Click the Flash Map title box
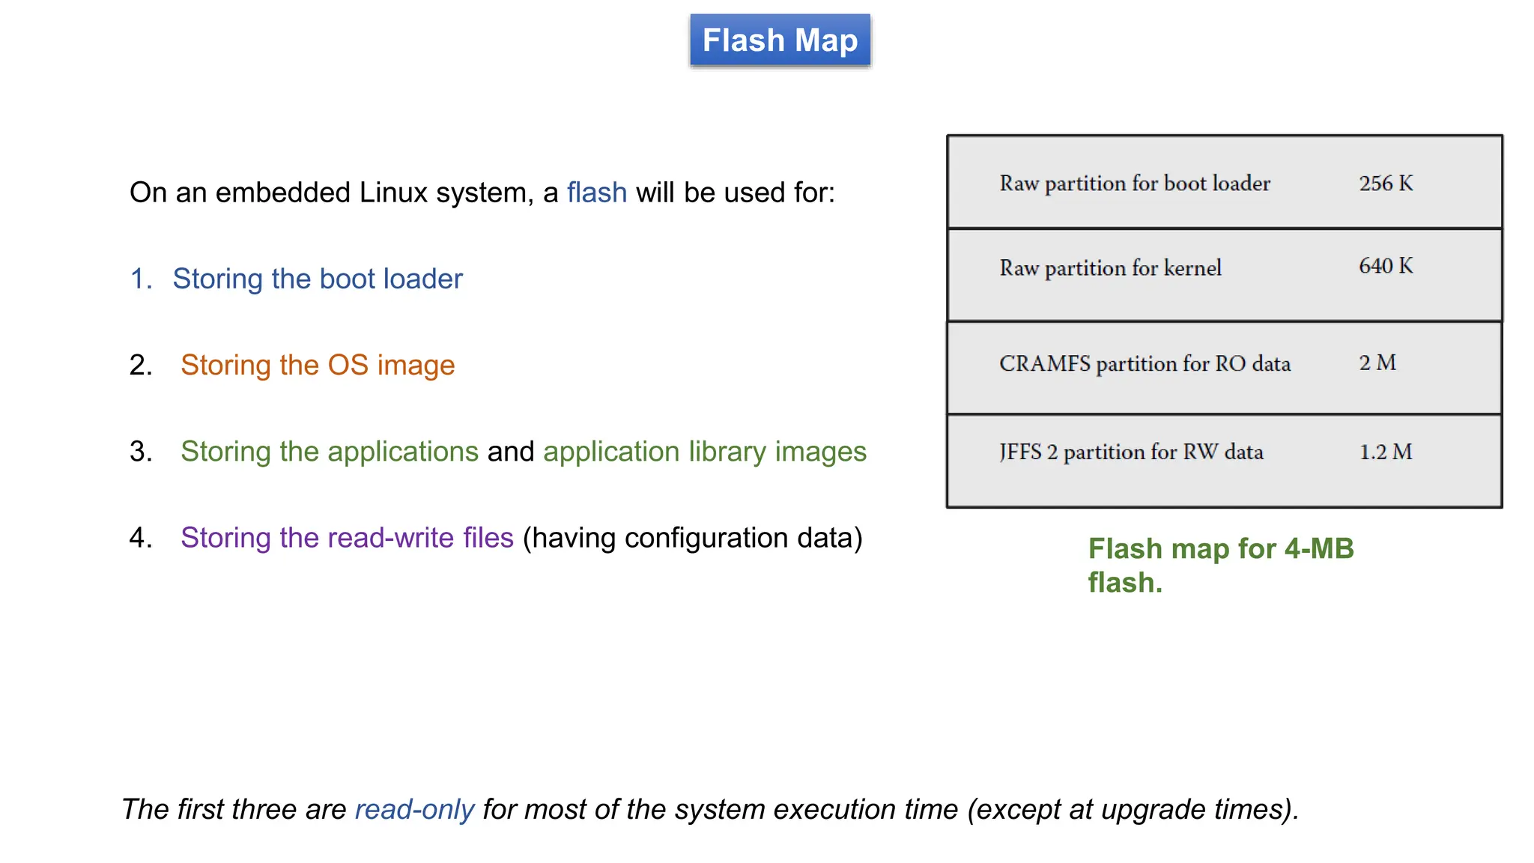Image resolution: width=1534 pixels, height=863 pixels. point(780,40)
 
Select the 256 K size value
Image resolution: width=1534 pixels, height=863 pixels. point(1386,184)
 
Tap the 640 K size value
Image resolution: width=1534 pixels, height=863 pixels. point(1386,266)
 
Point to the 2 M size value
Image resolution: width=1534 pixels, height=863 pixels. point(1377,363)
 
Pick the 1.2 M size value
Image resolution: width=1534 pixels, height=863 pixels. point(1386,452)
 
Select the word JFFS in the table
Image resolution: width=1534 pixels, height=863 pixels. point(1020,452)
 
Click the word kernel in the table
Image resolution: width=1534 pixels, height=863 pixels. point(1192,268)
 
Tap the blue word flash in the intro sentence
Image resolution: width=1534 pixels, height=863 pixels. point(596,193)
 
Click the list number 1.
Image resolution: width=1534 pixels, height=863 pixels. point(140,279)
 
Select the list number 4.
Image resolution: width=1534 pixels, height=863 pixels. point(140,538)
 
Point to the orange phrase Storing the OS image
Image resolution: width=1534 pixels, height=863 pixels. point(318,366)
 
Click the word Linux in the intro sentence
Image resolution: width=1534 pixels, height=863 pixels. point(392,193)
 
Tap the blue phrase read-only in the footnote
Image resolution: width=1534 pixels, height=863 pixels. point(414,810)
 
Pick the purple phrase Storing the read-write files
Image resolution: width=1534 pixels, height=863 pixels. point(347,538)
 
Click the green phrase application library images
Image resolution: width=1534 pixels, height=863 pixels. point(704,452)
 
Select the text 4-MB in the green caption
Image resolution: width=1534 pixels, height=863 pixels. point(1318,549)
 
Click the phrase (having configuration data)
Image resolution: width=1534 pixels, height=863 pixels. point(692,538)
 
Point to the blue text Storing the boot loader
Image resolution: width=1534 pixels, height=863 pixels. point(318,279)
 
